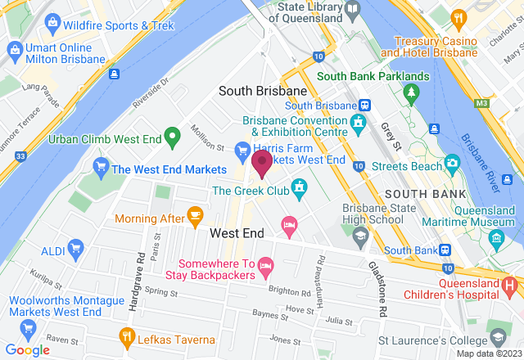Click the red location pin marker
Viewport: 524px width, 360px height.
262,164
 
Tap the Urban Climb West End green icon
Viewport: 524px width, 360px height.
172,136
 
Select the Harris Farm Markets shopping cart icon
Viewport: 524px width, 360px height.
242,150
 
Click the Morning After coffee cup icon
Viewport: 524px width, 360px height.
194,215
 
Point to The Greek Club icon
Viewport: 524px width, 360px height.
299,190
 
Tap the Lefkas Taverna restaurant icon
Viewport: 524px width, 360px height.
127,335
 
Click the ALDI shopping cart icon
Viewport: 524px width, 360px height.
76,246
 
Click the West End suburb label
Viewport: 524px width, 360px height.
237,233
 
